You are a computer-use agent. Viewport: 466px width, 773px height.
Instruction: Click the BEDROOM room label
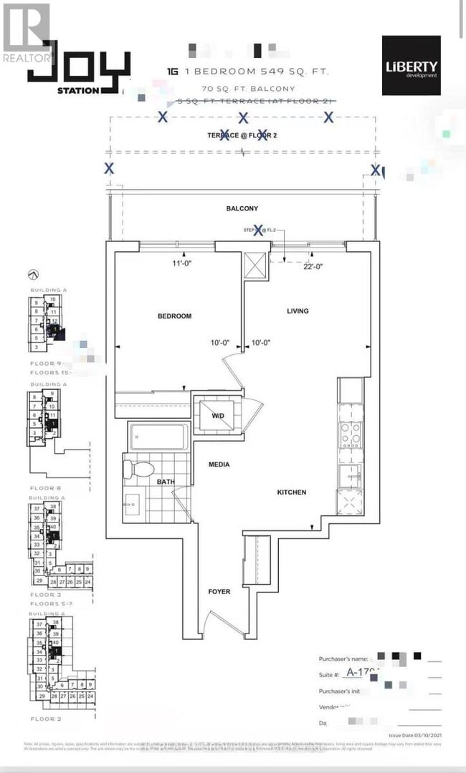[x=175, y=316]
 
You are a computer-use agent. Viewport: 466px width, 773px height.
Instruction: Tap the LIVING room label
[x=298, y=311]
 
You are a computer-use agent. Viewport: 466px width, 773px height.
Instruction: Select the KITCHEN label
[x=292, y=492]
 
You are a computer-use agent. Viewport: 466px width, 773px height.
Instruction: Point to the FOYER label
[x=219, y=591]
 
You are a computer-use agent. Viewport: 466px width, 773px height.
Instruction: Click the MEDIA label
[x=219, y=465]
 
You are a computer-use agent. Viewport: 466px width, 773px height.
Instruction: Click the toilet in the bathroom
[x=140, y=470]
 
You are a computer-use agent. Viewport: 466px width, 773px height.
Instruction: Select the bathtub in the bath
[x=158, y=436]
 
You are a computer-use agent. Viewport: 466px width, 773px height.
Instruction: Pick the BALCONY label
[x=242, y=208]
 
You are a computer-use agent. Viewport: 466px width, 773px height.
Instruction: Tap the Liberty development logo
[x=411, y=65]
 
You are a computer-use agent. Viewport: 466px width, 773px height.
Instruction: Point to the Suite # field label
[x=329, y=674]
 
